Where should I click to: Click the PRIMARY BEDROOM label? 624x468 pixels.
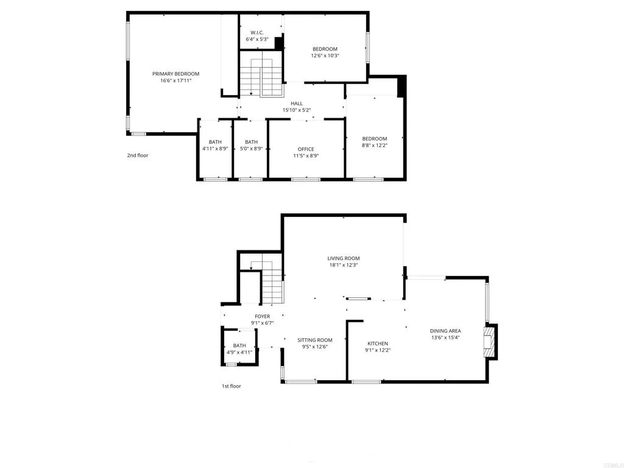[175, 74]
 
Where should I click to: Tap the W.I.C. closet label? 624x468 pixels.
[257, 32]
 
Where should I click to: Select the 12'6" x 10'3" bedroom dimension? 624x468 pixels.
[325, 55]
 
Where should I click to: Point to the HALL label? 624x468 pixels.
[297, 104]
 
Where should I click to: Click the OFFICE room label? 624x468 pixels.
[306, 149]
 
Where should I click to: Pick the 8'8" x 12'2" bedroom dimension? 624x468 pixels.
[375, 145]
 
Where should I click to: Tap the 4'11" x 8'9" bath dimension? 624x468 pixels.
[215, 149]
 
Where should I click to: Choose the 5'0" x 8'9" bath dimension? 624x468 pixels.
[251, 149]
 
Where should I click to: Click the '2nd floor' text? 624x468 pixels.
[137, 155]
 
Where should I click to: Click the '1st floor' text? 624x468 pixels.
[231, 386]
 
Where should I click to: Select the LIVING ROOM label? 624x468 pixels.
[344, 258]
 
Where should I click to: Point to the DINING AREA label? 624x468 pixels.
[445, 331]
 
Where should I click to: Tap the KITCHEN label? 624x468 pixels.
[378, 343]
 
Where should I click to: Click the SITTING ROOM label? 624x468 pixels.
[315, 340]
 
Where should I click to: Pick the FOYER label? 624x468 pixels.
[262, 316]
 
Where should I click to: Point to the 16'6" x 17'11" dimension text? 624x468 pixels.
[175, 80]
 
